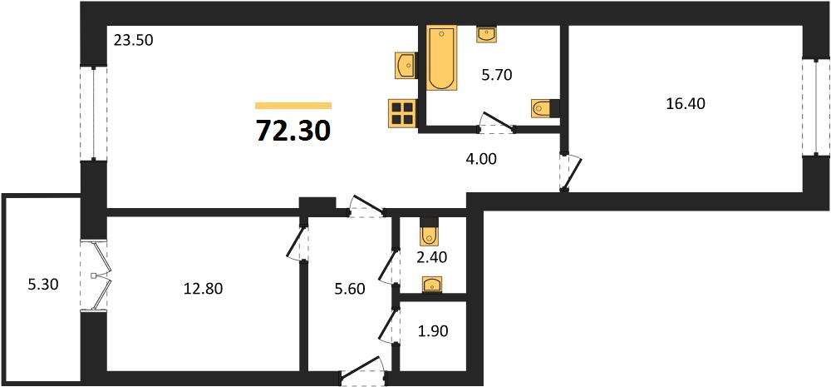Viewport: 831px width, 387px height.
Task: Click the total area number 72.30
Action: pos(293,131)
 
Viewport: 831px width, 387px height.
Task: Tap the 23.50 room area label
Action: pos(134,40)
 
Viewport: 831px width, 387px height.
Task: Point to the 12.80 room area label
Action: pos(204,289)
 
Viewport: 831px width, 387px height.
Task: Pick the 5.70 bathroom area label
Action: pos(497,76)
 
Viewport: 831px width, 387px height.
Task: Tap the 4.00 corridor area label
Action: pos(481,159)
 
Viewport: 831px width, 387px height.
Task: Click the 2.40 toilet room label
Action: pos(432,258)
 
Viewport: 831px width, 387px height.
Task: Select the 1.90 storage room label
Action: pos(433,332)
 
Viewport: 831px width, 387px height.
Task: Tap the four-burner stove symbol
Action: pos(401,114)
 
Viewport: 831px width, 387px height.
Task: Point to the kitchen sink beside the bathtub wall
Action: pos(406,65)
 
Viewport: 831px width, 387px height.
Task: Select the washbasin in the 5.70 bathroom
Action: pos(486,34)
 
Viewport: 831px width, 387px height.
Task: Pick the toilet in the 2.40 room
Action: pos(428,229)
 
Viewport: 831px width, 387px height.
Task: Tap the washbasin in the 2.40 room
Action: pos(432,285)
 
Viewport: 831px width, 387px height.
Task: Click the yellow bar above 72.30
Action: pos(293,105)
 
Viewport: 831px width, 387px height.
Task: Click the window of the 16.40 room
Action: pos(816,107)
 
